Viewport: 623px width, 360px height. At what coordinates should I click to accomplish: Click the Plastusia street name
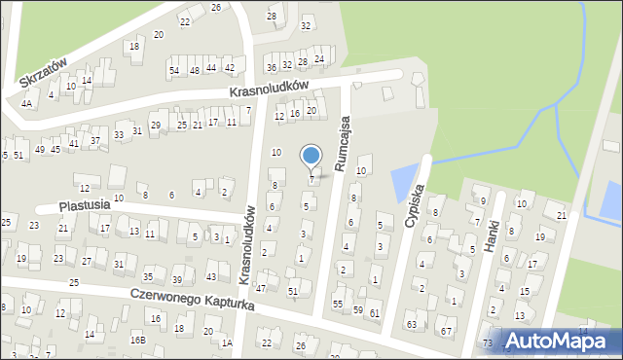click(x=82, y=206)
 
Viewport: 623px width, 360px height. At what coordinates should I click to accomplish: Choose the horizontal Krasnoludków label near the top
click(x=269, y=87)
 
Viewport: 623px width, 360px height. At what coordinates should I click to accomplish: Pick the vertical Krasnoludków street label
click(x=249, y=237)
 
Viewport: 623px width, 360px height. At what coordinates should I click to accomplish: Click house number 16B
click(x=139, y=340)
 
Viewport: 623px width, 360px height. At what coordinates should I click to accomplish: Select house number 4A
click(x=27, y=102)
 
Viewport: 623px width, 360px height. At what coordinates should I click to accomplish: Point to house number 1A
click(x=227, y=342)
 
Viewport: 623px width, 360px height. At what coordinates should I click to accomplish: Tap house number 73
click(x=487, y=343)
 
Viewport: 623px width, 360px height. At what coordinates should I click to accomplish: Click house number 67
click(x=447, y=332)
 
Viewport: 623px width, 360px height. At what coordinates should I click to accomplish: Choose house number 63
click(x=411, y=323)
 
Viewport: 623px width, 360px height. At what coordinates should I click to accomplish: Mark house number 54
click(x=173, y=70)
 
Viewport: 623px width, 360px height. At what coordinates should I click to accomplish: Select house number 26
click(x=216, y=7)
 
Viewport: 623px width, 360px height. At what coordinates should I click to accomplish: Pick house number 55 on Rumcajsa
click(x=338, y=304)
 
